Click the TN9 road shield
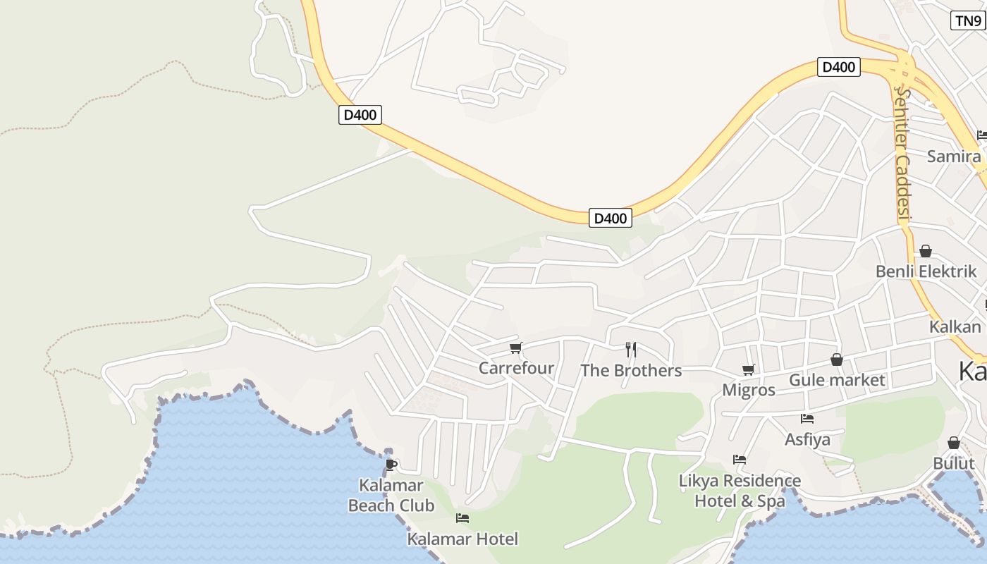point(967,20)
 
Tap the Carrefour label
point(516,368)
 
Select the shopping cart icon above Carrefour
point(516,348)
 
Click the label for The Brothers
point(631,370)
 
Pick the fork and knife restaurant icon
point(631,349)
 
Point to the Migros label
point(749,390)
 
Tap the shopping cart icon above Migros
point(749,369)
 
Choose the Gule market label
point(837,380)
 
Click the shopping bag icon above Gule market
point(837,360)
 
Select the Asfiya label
point(808,439)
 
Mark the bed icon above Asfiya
point(808,419)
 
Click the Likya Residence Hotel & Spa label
point(740,491)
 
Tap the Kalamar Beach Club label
point(391,495)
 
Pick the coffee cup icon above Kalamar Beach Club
point(391,464)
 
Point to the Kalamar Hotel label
point(462,539)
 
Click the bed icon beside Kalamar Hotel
point(462,518)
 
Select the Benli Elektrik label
point(926,271)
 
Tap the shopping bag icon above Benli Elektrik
point(926,251)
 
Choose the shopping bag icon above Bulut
point(954,443)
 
